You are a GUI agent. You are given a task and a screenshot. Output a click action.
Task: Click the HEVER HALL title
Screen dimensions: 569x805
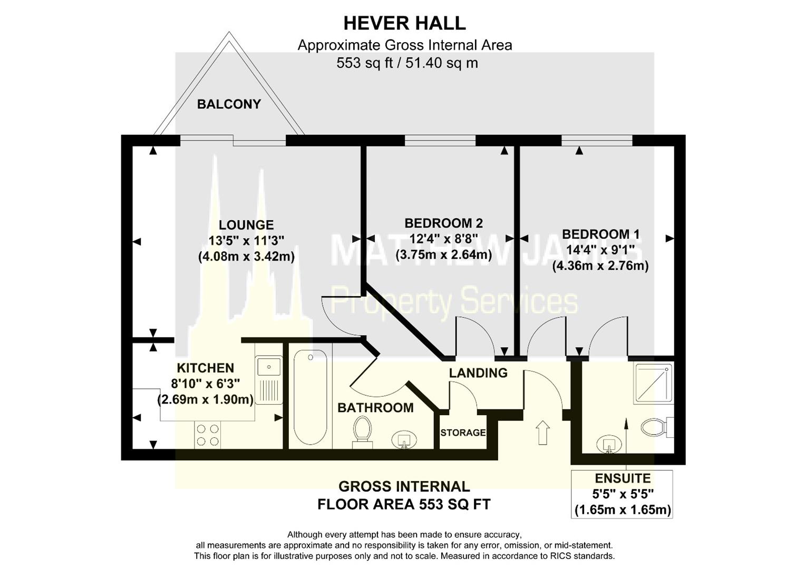tap(404, 23)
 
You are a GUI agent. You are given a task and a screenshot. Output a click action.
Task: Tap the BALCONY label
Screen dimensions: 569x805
tap(229, 104)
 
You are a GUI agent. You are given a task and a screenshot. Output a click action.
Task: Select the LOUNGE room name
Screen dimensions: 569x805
tap(246, 225)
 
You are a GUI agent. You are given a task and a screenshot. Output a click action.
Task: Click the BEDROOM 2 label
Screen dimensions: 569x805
tap(443, 223)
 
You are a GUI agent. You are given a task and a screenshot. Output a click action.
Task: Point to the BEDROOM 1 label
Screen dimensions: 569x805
tap(600, 234)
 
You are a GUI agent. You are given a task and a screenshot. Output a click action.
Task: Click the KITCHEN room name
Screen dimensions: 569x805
tap(205, 368)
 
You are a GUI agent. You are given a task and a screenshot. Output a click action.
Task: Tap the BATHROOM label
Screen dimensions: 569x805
tap(375, 408)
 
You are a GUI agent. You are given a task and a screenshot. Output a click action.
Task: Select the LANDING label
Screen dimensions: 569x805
tap(478, 373)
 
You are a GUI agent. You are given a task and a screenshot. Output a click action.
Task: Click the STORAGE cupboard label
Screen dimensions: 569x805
tap(463, 433)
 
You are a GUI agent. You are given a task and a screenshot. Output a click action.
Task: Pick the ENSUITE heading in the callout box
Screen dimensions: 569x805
tap(623, 478)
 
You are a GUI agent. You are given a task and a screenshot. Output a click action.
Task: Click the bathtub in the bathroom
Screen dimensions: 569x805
tap(310, 397)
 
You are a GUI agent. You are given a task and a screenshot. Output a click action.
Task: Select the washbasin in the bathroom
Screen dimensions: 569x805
tap(404, 439)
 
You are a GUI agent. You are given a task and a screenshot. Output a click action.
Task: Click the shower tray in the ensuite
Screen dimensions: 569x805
tap(653, 383)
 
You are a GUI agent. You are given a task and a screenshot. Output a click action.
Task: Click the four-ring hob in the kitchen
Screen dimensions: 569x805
tap(208, 435)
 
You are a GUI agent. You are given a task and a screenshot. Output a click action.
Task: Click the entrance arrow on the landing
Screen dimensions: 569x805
tap(542, 432)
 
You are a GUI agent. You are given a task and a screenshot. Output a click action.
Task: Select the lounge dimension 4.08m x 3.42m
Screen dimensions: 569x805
tap(246, 257)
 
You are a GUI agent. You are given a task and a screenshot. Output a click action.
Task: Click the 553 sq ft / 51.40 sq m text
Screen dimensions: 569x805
tap(407, 63)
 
